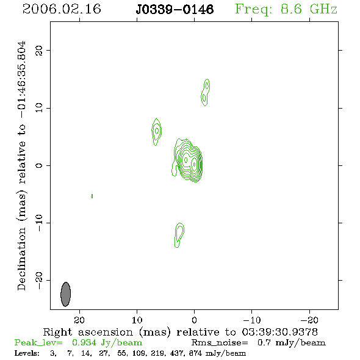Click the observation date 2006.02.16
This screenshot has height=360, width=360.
(62, 9)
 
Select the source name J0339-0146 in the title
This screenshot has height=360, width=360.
(175, 10)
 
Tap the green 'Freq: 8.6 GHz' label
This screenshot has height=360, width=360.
(286, 10)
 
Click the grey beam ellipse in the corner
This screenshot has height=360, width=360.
(66, 294)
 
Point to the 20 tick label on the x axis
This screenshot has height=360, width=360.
(79, 320)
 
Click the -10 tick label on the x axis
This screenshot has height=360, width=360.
(252, 320)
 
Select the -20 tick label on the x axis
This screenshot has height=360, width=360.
(309, 320)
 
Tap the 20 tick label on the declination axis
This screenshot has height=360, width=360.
(39, 51)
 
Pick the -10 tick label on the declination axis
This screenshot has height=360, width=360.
(39, 223)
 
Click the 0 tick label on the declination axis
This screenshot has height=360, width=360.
(39, 165)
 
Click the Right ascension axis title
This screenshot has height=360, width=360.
(181, 332)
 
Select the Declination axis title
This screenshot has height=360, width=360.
(22, 165)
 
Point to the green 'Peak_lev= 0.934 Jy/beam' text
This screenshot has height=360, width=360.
(78, 343)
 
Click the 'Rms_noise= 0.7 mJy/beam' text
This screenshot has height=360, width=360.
(258, 343)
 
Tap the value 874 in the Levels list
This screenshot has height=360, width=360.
(195, 353)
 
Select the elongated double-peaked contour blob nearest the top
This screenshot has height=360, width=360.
(206, 92)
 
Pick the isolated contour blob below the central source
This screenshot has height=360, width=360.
(179, 235)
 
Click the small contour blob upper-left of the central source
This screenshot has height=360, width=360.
(157, 131)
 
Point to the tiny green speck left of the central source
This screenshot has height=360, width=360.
(92, 196)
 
